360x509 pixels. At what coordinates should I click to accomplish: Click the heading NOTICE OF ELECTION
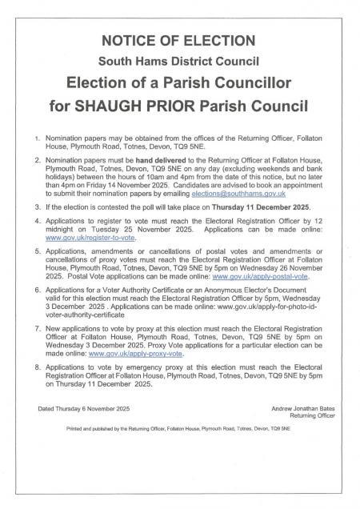[x=180, y=41]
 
